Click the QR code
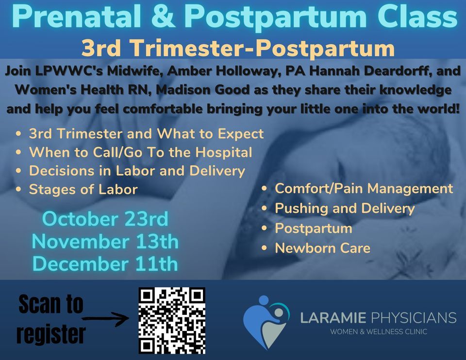pyautogui.click(x=172, y=321)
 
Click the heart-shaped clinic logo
pyautogui.click(x=266, y=322)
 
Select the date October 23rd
pyautogui.click(x=105, y=219)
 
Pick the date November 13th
pyautogui.click(x=105, y=241)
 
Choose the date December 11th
pyautogui.click(x=105, y=263)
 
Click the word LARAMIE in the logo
pyautogui.click(x=333, y=318)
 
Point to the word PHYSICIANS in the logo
pyautogui.click(x=413, y=318)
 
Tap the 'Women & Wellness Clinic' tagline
pyautogui.click(x=379, y=332)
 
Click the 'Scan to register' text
pyautogui.click(x=51, y=319)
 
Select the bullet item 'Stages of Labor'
pyautogui.click(x=83, y=189)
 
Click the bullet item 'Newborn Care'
pyautogui.click(x=322, y=248)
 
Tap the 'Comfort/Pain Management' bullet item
pyautogui.click(x=364, y=188)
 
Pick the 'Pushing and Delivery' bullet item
pyautogui.click(x=345, y=208)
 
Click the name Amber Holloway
pyautogui.click(x=223, y=71)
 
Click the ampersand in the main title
pyautogui.click(x=166, y=16)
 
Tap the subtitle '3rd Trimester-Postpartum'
pyautogui.click(x=238, y=48)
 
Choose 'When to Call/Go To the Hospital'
pyautogui.click(x=140, y=152)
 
